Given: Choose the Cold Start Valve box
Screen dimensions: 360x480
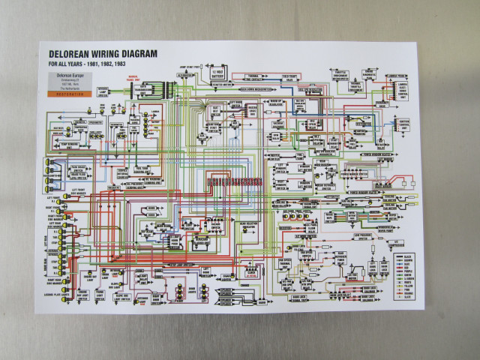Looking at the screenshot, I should (289, 76).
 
